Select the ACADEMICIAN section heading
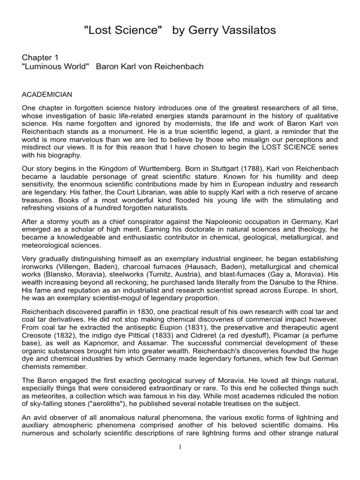[47, 95]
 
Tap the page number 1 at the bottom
[180, 447]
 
